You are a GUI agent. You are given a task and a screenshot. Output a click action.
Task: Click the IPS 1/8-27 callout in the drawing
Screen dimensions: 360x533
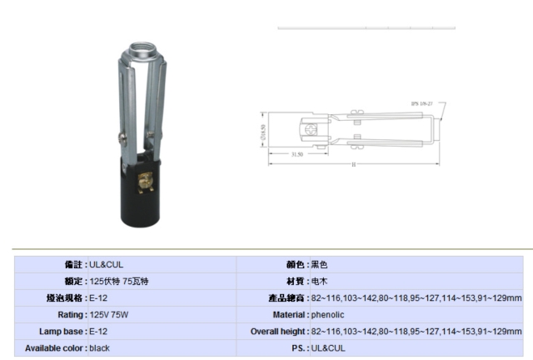coord(422,104)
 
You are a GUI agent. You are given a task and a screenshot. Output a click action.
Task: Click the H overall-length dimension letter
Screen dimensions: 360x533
coord(353,164)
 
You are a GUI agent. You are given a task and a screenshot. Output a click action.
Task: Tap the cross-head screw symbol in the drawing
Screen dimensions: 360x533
coord(312,129)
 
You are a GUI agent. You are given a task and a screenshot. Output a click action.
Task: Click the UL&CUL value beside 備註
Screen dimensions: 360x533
coord(107,264)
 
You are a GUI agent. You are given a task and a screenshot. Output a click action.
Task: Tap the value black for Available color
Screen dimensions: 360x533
coord(100,347)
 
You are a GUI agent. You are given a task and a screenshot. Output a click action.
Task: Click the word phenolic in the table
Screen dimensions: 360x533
coord(327,314)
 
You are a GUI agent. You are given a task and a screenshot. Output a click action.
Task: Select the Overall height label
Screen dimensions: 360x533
coord(278,331)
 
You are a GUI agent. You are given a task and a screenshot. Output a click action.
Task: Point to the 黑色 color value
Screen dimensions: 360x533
coord(320,264)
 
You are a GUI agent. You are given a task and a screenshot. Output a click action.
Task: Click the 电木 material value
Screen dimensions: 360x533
coord(320,281)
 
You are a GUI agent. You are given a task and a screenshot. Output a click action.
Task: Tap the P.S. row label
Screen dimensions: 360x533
coord(296,347)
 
